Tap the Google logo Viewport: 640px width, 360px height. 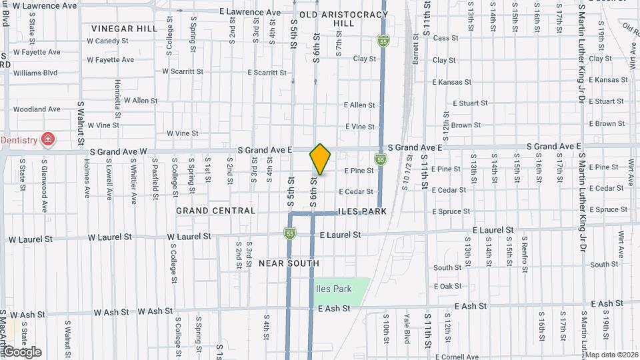click(x=21, y=352)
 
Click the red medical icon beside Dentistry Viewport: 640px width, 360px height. click(x=48, y=140)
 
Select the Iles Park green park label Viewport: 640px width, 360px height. click(x=333, y=289)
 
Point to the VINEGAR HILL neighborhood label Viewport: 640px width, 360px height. click(x=125, y=29)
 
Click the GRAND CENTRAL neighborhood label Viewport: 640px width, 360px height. click(x=215, y=211)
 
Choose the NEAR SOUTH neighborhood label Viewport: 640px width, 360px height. click(x=289, y=263)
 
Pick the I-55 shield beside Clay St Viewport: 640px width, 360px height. click(x=383, y=41)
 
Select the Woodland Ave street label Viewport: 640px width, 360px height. click(x=37, y=109)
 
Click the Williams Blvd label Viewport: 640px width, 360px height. click(x=35, y=73)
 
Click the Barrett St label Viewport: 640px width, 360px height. click(x=415, y=50)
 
